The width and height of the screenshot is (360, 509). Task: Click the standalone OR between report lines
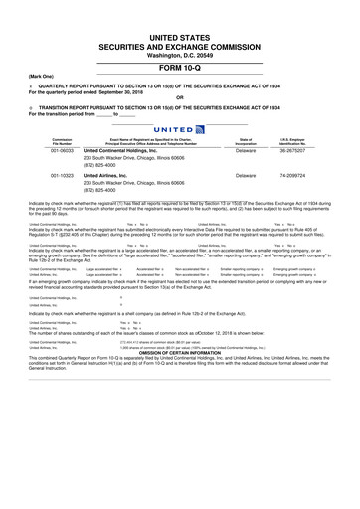180,96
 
